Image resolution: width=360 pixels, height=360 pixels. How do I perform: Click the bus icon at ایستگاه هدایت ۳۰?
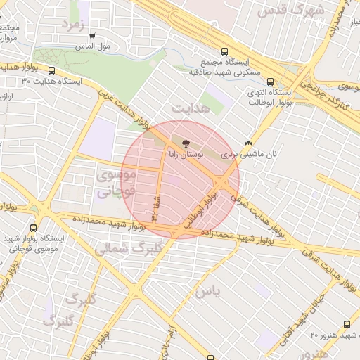[x=52, y=70]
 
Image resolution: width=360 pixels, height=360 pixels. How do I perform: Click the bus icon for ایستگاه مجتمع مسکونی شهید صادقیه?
[x=224, y=51]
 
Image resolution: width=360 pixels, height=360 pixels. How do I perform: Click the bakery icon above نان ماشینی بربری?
[x=248, y=143]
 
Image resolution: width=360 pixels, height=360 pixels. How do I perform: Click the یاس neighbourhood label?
[x=209, y=290]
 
